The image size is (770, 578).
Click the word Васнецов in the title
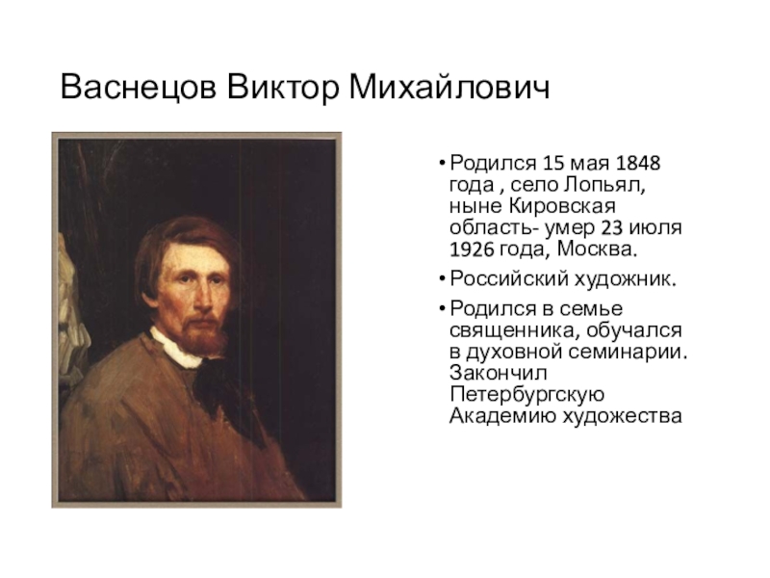point(139,88)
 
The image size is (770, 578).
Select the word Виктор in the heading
point(283,88)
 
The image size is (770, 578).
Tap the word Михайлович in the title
point(449,87)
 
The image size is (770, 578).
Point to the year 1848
point(637,163)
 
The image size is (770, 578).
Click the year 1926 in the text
point(472,250)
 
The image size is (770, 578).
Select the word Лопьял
point(604,185)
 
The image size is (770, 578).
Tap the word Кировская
point(561,206)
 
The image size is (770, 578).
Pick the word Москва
point(597,250)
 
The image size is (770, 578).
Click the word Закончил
point(498,373)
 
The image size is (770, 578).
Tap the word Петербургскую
point(526,395)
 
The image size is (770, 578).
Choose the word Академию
point(501,416)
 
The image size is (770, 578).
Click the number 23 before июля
point(612,227)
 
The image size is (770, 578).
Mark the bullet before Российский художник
point(442,279)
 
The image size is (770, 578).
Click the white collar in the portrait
point(176,349)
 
